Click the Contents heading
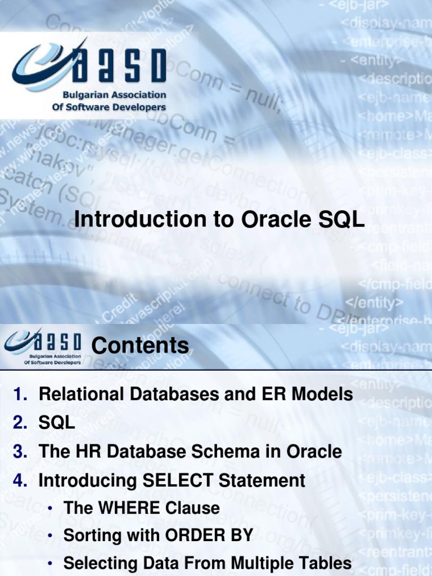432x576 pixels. click(140, 345)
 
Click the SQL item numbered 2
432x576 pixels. click(56, 423)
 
